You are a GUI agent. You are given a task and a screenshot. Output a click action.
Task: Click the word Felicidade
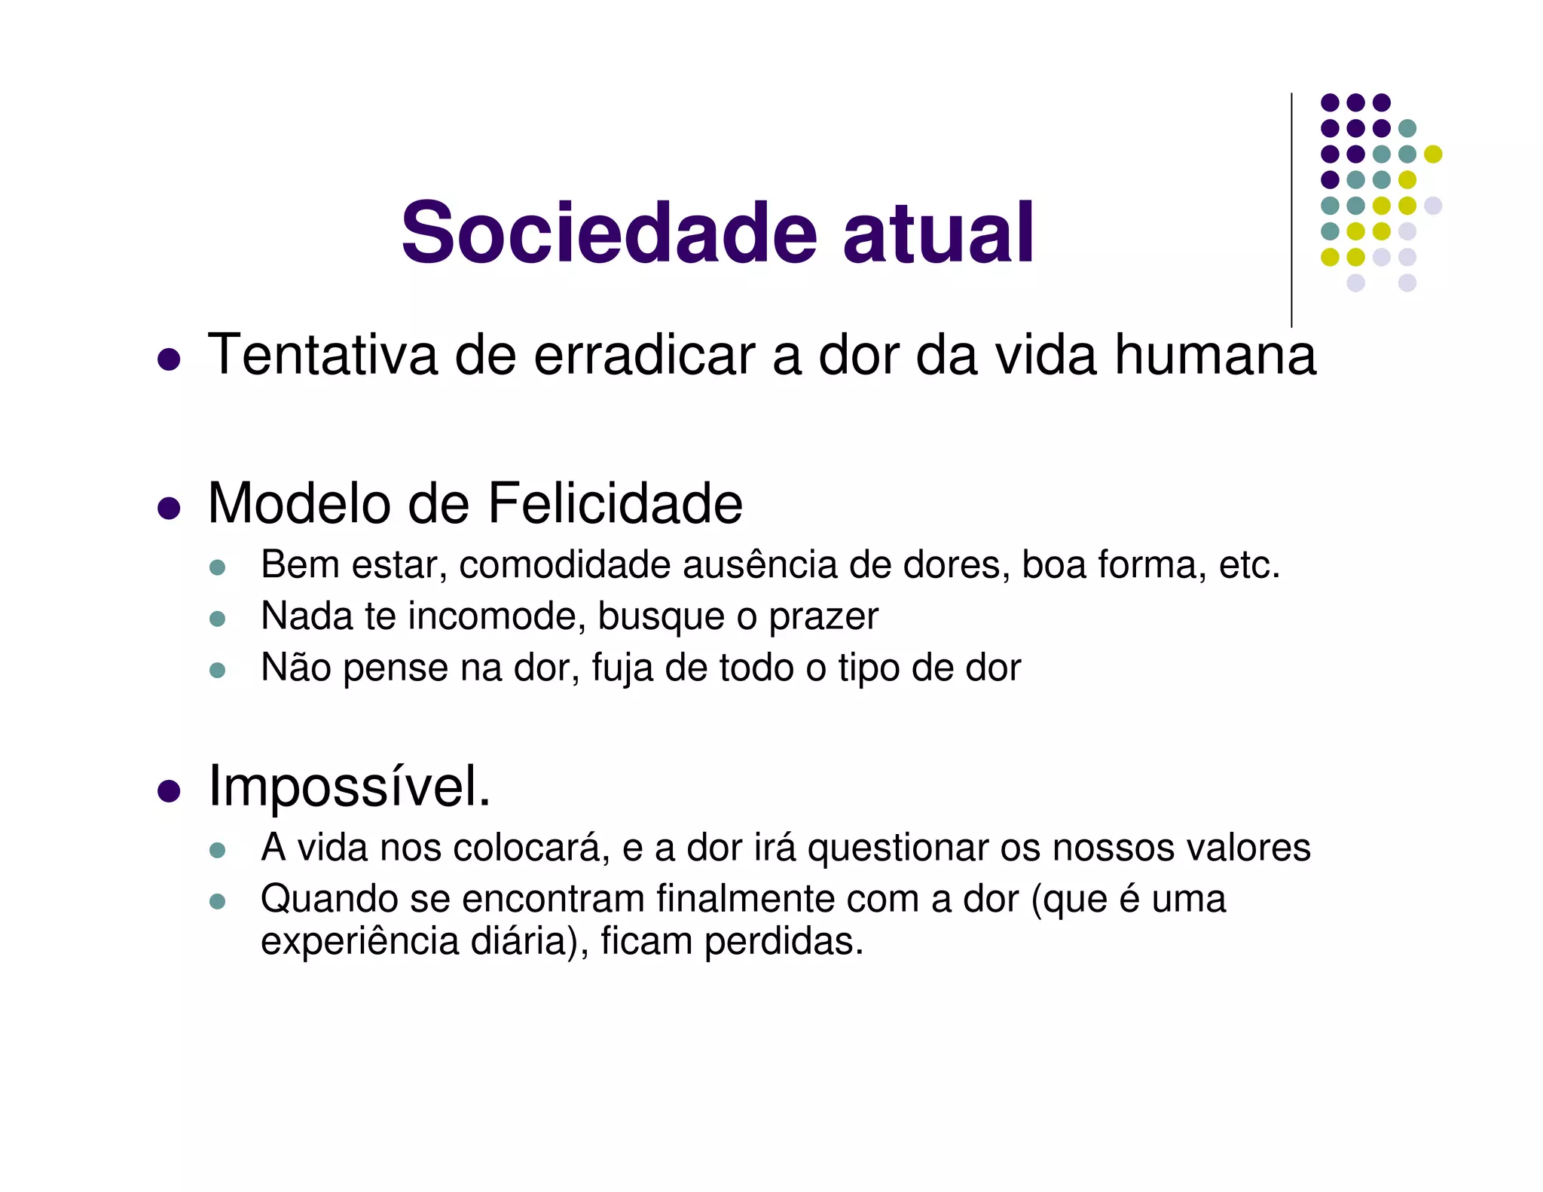click(x=615, y=503)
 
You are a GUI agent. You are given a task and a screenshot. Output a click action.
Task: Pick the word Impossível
click(x=349, y=787)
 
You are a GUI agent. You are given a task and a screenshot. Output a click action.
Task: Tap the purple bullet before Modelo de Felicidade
click(x=169, y=509)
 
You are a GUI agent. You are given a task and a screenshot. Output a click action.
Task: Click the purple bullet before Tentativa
click(x=169, y=359)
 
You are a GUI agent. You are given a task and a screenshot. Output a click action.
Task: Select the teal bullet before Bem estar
click(x=218, y=567)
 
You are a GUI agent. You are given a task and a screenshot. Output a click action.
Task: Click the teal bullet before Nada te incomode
click(x=218, y=619)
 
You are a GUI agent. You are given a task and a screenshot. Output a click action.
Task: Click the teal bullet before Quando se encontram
click(x=218, y=901)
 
